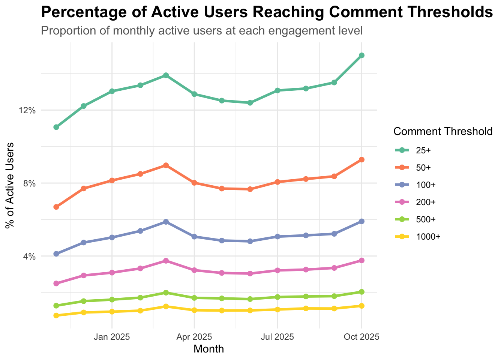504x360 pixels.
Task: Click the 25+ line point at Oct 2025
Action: click(361, 55)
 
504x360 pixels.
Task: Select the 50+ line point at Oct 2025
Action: click(361, 160)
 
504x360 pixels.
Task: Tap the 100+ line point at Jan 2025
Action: click(112, 237)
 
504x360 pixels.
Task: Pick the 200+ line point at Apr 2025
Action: click(194, 270)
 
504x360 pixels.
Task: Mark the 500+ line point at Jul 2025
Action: click(277, 297)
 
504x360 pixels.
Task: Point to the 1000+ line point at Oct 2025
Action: click(361, 306)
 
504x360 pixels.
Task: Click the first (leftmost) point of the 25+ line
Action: click(56, 127)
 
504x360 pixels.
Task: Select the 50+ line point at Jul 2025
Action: click(277, 182)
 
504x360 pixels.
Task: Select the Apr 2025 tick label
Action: click(194, 337)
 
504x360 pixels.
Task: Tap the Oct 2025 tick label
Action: click(361, 337)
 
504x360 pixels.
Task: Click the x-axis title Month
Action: click(209, 349)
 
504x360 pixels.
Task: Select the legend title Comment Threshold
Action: click(443, 131)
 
